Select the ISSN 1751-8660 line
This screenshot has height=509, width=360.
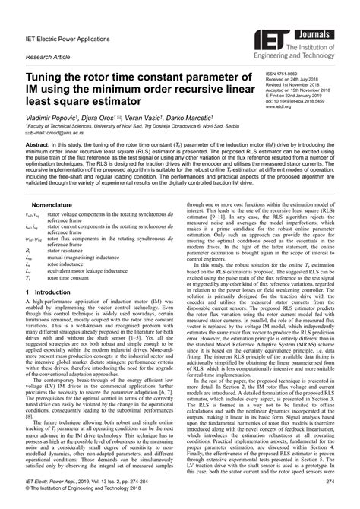(287, 76)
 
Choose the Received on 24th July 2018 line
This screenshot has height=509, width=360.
(296, 82)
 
